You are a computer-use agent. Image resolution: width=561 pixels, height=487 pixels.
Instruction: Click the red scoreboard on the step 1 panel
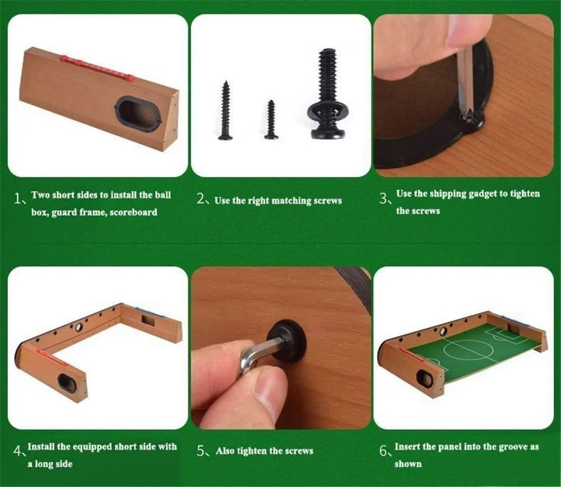click(97, 68)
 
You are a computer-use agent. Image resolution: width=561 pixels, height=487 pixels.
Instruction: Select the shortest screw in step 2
click(271, 119)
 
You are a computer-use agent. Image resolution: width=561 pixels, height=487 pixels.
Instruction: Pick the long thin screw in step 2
click(226, 110)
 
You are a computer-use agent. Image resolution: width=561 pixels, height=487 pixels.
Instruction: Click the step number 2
click(201, 199)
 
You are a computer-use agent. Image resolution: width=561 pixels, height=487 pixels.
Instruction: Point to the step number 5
click(201, 451)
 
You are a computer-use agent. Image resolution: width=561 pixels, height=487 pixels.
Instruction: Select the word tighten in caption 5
click(253, 451)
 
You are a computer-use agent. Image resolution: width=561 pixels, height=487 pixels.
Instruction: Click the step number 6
click(383, 451)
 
